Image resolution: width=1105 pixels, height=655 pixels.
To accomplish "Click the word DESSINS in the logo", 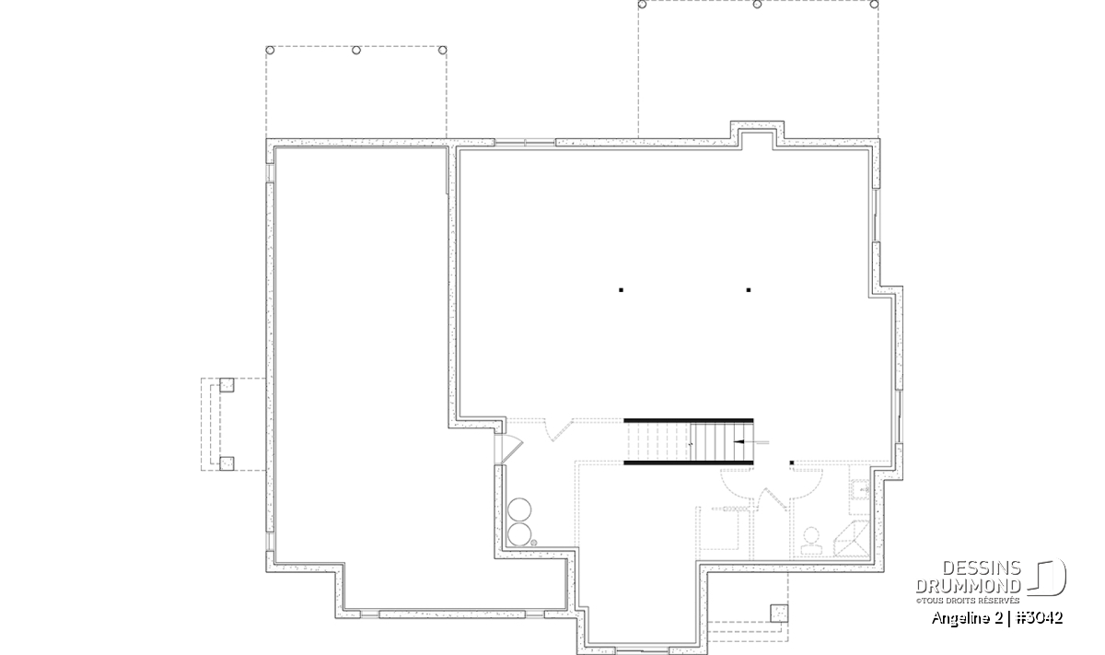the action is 982,568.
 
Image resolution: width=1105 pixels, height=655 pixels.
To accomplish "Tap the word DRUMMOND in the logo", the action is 969,586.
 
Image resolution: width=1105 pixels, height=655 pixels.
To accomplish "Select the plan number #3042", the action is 1040,618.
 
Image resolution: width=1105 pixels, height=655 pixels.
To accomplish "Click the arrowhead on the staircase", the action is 739,442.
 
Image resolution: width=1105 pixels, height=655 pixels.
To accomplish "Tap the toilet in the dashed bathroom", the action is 811,541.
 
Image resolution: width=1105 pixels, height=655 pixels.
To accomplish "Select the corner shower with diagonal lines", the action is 852,539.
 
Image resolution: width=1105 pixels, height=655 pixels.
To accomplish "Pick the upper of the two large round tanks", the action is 519,509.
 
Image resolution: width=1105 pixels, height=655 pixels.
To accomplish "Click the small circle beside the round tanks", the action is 533,543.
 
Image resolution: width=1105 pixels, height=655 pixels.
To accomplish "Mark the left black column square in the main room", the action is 621,290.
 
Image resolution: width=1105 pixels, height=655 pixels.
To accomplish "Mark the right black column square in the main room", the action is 749,290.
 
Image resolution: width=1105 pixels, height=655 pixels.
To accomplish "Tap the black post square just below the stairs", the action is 792,463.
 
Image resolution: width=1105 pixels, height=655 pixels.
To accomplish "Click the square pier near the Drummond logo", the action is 779,614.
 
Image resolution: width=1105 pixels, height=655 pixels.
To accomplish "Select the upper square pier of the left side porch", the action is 227,385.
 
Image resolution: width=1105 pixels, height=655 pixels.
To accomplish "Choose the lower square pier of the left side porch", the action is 227,463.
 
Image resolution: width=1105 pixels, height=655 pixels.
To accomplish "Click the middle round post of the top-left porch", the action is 356,50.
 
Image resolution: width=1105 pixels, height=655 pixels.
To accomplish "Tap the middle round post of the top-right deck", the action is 757,5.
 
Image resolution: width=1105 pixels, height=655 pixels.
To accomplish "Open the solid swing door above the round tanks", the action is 511,450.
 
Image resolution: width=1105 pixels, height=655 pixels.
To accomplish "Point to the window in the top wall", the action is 525,143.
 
